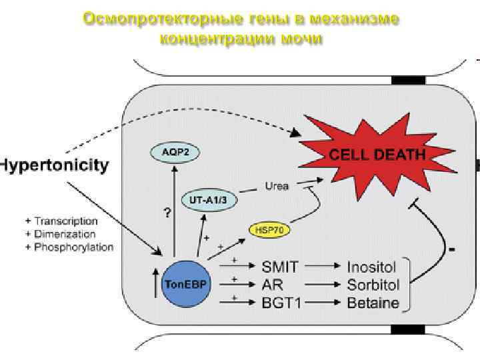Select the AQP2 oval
click(x=175, y=151)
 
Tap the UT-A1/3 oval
click(x=205, y=199)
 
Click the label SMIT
click(x=281, y=267)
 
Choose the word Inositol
click(x=371, y=267)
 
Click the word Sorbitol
click(x=373, y=285)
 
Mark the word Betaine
click(x=373, y=303)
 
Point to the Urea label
click(x=277, y=186)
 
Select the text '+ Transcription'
click(x=61, y=221)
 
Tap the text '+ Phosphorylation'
click(x=69, y=247)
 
